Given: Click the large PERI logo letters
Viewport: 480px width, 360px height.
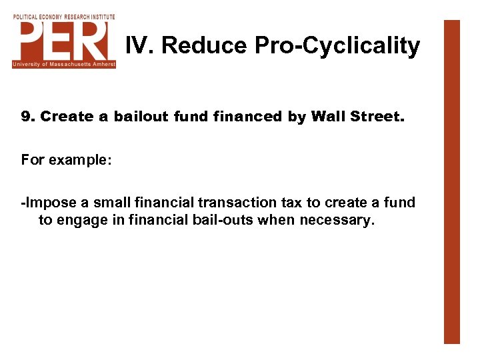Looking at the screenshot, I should pyautogui.click(x=64, y=40).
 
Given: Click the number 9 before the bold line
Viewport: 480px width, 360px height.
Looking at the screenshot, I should pyautogui.click(x=26, y=117).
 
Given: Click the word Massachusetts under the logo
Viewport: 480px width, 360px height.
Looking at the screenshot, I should pyautogui.click(x=65, y=64).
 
